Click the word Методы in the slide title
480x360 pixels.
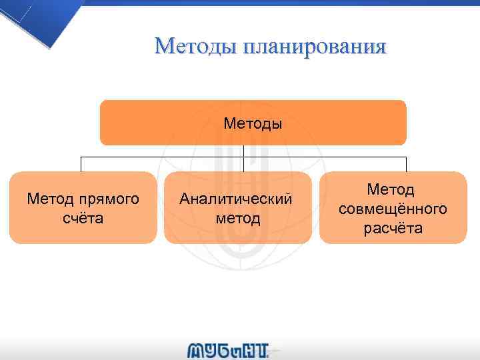tap(196, 47)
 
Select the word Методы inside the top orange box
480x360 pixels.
tap(253, 123)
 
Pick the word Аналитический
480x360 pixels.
tap(237, 199)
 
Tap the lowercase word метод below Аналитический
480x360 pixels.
tap(238, 218)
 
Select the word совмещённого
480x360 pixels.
tap(393, 209)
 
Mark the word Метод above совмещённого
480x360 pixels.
tap(393, 190)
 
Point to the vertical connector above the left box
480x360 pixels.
tap(82, 164)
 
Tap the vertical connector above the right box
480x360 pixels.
tap(406, 164)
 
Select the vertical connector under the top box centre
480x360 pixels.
tap(244, 151)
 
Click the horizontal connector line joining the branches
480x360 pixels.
tap(160, 157)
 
